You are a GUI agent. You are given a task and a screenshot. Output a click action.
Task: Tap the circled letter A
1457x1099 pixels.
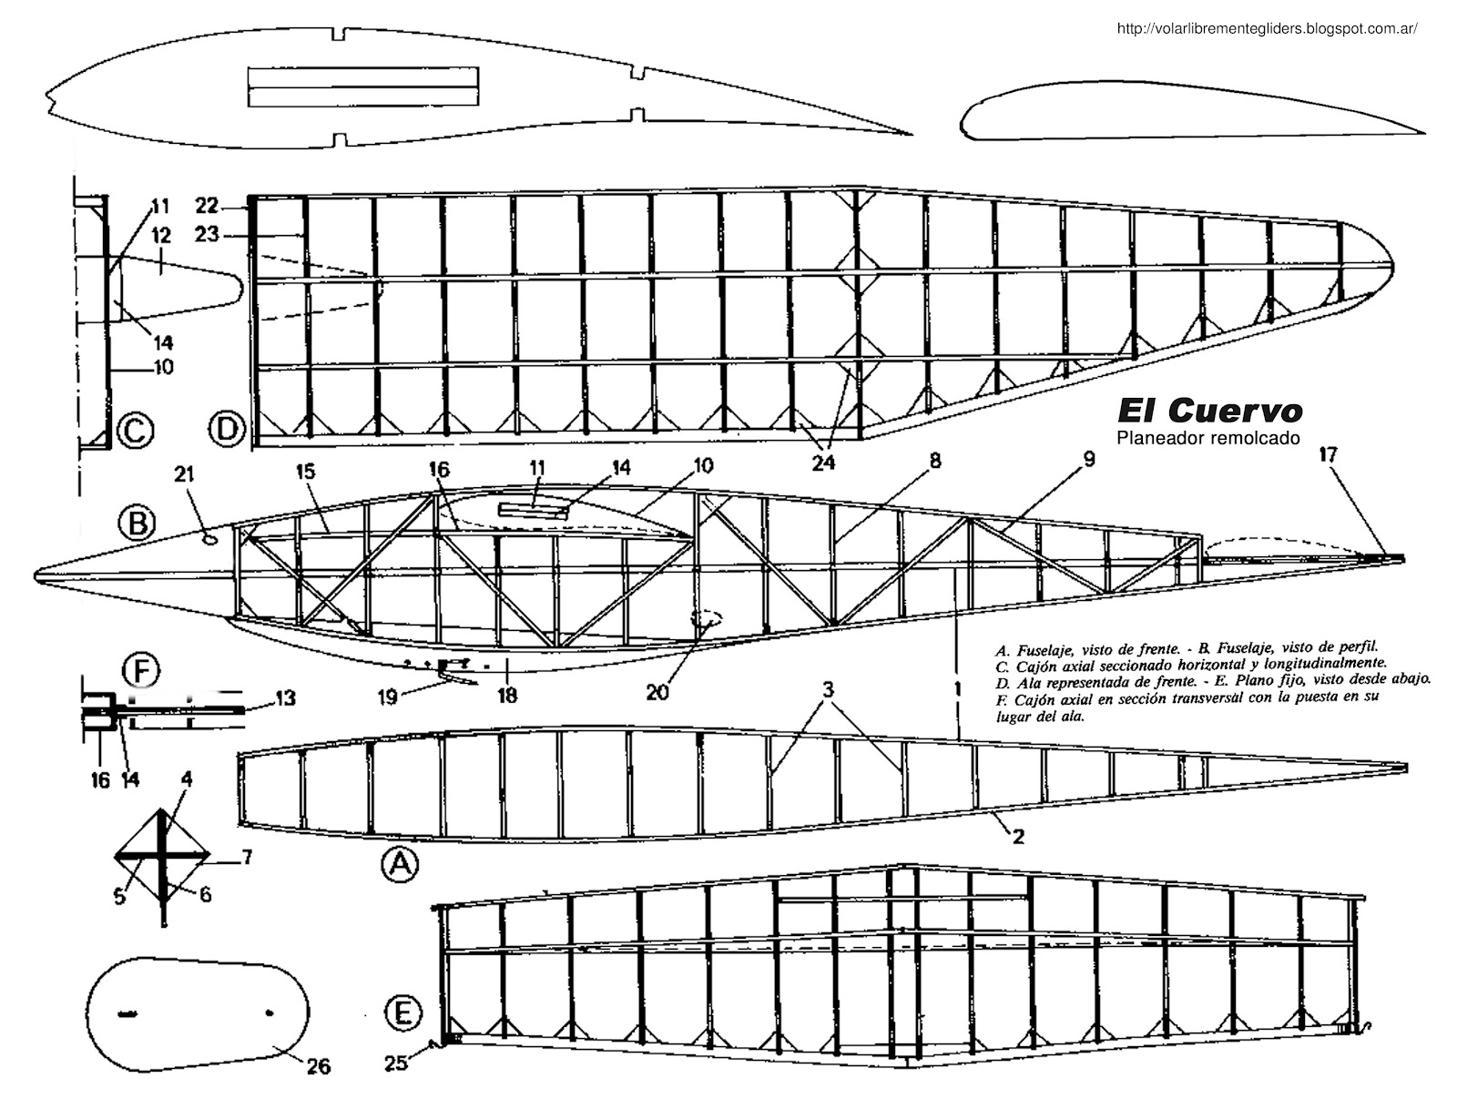397,866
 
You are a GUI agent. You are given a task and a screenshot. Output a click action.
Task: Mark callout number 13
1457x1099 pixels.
285,697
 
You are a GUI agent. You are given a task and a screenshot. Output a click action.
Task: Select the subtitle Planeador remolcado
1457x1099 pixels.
1207,438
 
